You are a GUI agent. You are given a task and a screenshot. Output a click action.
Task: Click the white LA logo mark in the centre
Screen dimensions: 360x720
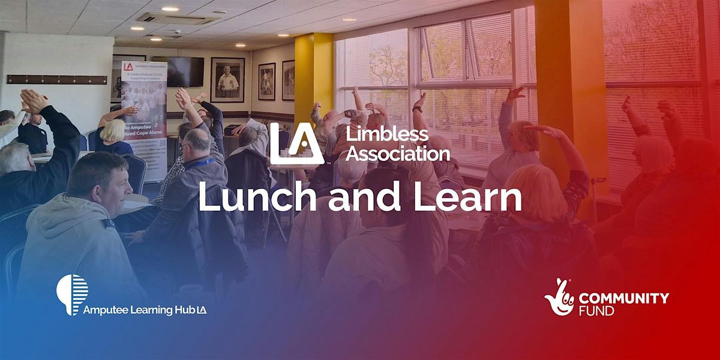(x=291, y=143)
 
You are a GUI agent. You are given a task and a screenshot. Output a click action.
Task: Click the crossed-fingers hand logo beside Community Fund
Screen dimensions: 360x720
(x=559, y=296)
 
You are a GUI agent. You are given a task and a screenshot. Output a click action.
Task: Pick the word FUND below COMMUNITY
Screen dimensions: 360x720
(x=597, y=311)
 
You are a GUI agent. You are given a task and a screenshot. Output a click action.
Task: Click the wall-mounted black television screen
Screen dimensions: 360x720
(x=185, y=71)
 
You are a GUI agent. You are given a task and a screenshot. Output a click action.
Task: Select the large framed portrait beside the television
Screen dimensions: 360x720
(x=227, y=80)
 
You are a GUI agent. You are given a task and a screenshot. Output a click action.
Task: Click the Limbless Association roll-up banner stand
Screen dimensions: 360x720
(x=144, y=114)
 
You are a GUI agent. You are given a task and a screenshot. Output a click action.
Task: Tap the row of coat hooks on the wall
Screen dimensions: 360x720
(x=57, y=79)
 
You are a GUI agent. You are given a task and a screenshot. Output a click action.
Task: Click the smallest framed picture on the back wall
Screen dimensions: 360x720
(x=288, y=80)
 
